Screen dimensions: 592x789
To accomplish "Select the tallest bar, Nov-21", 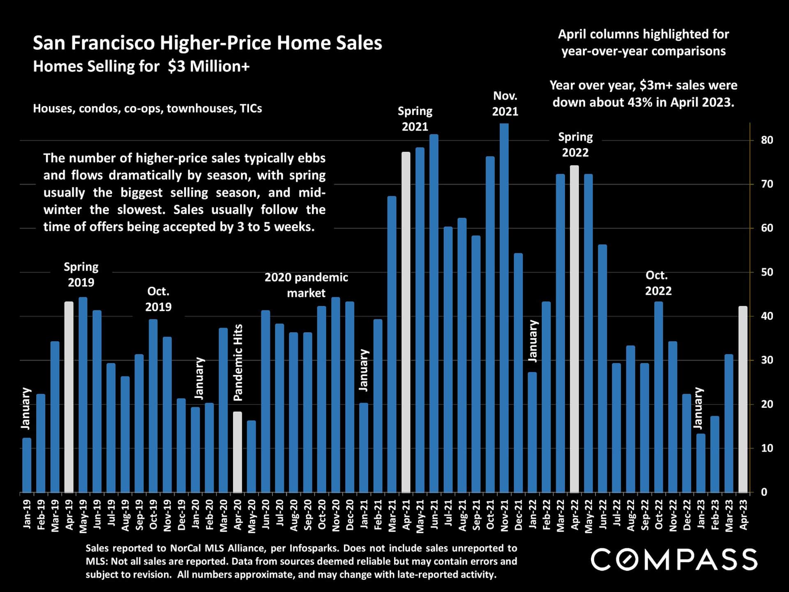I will pyautogui.click(x=504, y=308).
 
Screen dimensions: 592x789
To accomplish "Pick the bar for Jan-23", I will pyautogui.click(x=701, y=463).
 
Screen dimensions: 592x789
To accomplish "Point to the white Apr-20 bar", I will pyautogui.click(x=238, y=452).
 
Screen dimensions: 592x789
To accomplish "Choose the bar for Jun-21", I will pyautogui.click(x=434, y=313).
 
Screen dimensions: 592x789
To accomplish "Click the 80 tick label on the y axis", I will pyautogui.click(x=767, y=140).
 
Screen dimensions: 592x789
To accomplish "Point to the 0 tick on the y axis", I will pyautogui.click(x=764, y=492).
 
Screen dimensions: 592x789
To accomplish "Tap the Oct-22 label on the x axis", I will pyautogui.click(x=659, y=515).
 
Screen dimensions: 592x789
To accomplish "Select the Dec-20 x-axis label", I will pyautogui.click(x=350, y=515).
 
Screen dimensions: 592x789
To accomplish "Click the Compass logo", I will pyautogui.click(x=674, y=559).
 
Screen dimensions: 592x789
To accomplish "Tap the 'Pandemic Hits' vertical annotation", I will pyautogui.click(x=238, y=362).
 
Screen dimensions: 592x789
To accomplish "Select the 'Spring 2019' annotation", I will pyautogui.click(x=81, y=275).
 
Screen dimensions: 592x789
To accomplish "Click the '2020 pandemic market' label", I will pyautogui.click(x=306, y=285).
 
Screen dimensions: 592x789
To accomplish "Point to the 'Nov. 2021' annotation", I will pyautogui.click(x=505, y=104).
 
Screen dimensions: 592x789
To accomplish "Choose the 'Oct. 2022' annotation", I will pyautogui.click(x=658, y=283).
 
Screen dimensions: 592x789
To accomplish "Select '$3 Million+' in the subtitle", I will pyautogui.click(x=208, y=67).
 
